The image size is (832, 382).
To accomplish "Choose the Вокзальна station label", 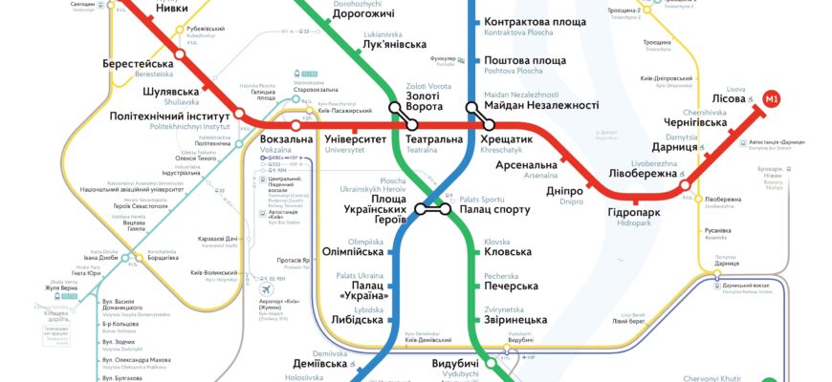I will pos(286,139).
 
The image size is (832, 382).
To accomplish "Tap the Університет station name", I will pos(356,139).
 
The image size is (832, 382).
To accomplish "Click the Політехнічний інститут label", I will pos(170,116).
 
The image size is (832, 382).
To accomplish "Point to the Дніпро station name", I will pos(564,191).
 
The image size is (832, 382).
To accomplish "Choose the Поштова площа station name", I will pos(525,61).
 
